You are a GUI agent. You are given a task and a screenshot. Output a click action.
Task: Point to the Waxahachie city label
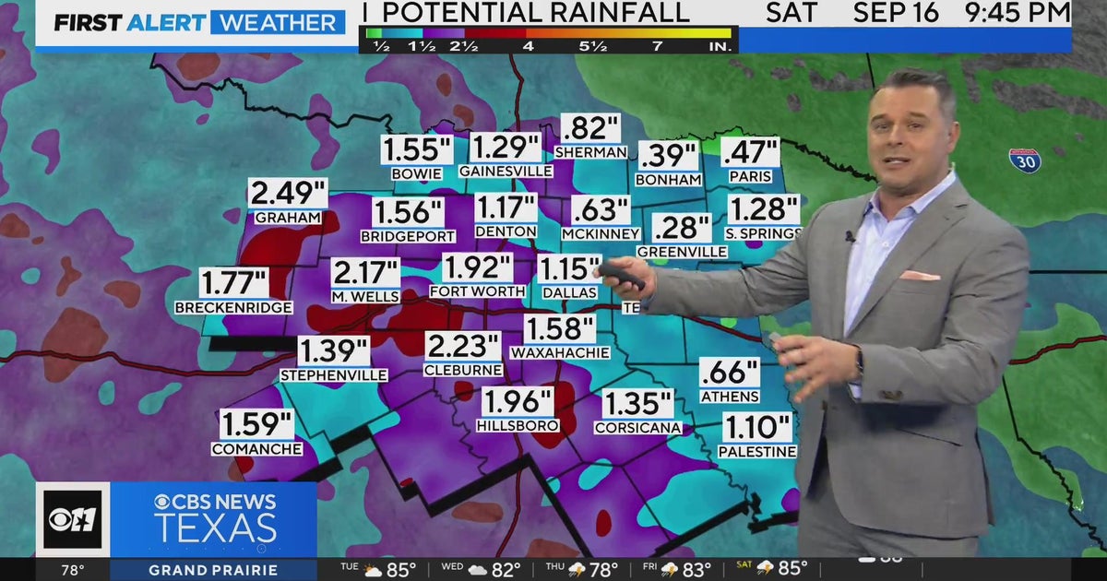pos(560,352)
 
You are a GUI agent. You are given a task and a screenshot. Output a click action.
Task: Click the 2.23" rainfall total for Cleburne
pos(463,348)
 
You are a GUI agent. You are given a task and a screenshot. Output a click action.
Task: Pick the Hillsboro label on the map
pos(518,425)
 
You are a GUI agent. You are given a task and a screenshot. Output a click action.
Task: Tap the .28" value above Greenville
pos(682,228)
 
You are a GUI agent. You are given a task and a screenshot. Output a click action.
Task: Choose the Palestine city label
pos(757,451)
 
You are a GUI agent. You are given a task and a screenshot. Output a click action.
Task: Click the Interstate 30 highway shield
pos(1024,160)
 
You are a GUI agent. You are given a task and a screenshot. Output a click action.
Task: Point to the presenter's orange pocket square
pos(919,275)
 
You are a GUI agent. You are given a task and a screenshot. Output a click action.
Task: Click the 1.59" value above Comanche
pos(256,425)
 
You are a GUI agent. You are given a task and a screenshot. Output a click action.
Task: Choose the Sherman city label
pos(591,151)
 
